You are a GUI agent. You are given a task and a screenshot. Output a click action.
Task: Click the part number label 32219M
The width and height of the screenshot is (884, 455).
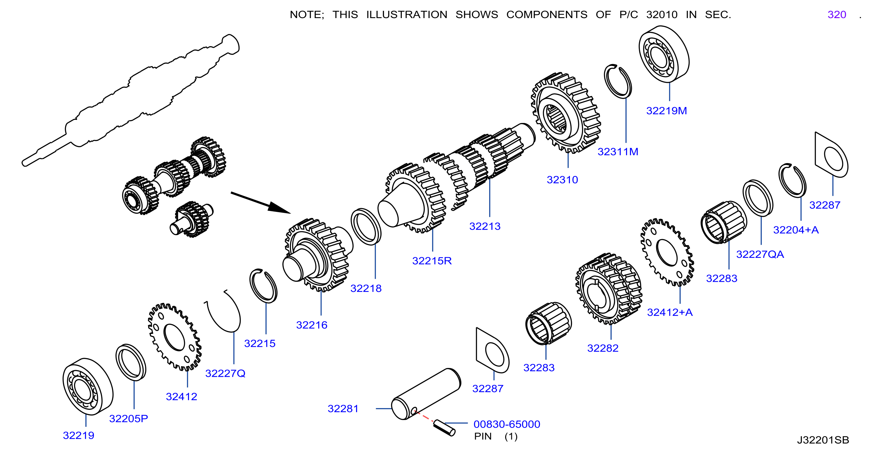(x=667, y=111)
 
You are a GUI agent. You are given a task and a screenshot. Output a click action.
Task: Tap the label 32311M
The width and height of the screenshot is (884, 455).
(x=618, y=152)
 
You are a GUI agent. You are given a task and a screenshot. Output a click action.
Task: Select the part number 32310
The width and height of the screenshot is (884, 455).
(x=562, y=180)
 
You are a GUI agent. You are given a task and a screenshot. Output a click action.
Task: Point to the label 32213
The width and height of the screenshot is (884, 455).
(x=485, y=227)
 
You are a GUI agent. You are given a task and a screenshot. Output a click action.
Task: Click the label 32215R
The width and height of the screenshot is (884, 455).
(x=432, y=261)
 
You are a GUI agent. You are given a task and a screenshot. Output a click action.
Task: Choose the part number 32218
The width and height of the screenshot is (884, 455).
(x=366, y=289)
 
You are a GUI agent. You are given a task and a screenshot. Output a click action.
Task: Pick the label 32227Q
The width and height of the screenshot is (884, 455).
(x=225, y=373)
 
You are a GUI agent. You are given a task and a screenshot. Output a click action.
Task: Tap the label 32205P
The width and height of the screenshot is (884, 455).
(x=128, y=419)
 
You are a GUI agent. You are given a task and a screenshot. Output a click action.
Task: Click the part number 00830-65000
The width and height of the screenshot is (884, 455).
(x=506, y=424)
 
